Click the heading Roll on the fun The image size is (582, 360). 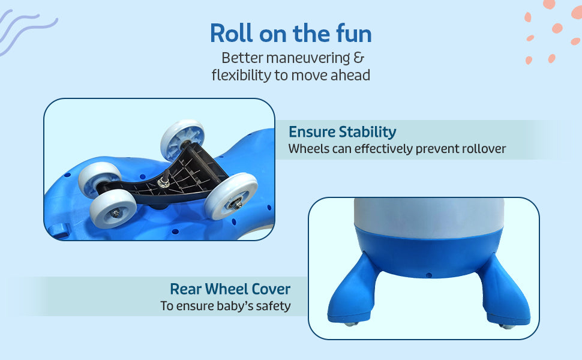point(290,34)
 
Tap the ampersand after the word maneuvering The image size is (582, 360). point(359,58)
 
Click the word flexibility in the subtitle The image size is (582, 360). point(241,76)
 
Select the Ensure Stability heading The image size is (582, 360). point(342,132)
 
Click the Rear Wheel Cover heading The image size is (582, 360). point(230,289)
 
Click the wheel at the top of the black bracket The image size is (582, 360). point(182,140)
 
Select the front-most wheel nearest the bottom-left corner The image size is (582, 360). point(113,209)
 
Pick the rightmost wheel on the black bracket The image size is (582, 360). point(231,196)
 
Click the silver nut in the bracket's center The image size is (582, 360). point(163,182)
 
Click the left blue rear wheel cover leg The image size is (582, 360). point(353,289)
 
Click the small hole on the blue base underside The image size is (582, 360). point(429,275)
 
